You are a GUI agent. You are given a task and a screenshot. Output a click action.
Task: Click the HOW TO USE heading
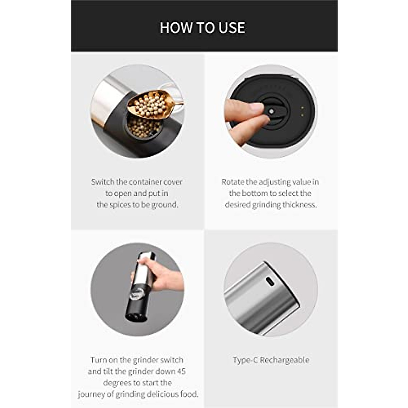[202, 28]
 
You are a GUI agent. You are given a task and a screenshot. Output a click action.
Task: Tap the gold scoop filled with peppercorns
[151, 104]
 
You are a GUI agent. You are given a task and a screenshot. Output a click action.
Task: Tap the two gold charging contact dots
[302, 111]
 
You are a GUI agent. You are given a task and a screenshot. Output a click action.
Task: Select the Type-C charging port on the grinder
[270, 281]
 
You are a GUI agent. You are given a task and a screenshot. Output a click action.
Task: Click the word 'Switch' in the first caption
[103, 182]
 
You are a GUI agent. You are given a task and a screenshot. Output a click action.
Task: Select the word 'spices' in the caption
[119, 205]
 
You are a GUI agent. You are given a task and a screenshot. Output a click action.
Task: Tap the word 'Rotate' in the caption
[233, 182]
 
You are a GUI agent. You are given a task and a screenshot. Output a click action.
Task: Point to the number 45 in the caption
[181, 371]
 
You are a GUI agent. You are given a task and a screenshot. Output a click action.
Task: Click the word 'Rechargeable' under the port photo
[285, 360]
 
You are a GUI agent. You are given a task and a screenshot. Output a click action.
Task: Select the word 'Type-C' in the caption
[245, 360]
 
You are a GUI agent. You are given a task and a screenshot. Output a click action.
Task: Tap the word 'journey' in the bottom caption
[92, 394]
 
